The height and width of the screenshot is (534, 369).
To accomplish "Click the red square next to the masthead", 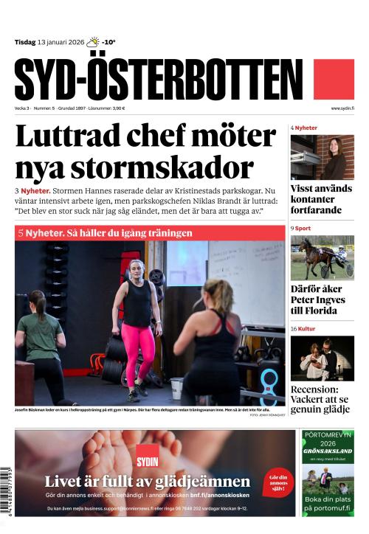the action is [x=334, y=79].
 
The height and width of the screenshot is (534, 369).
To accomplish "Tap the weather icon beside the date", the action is [x=92, y=42].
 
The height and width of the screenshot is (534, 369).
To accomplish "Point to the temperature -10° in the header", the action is [x=108, y=42].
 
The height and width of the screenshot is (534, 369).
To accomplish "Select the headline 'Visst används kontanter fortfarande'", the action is [x=322, y=199].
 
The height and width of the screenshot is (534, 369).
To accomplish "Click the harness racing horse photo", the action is [x=322, y=257].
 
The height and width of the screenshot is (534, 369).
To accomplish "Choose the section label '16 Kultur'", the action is [x=303, y=327].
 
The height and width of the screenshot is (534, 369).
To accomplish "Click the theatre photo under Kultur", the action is [x=322, y=358].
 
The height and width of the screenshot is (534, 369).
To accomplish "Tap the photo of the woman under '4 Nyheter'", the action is [x=322, y=156].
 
